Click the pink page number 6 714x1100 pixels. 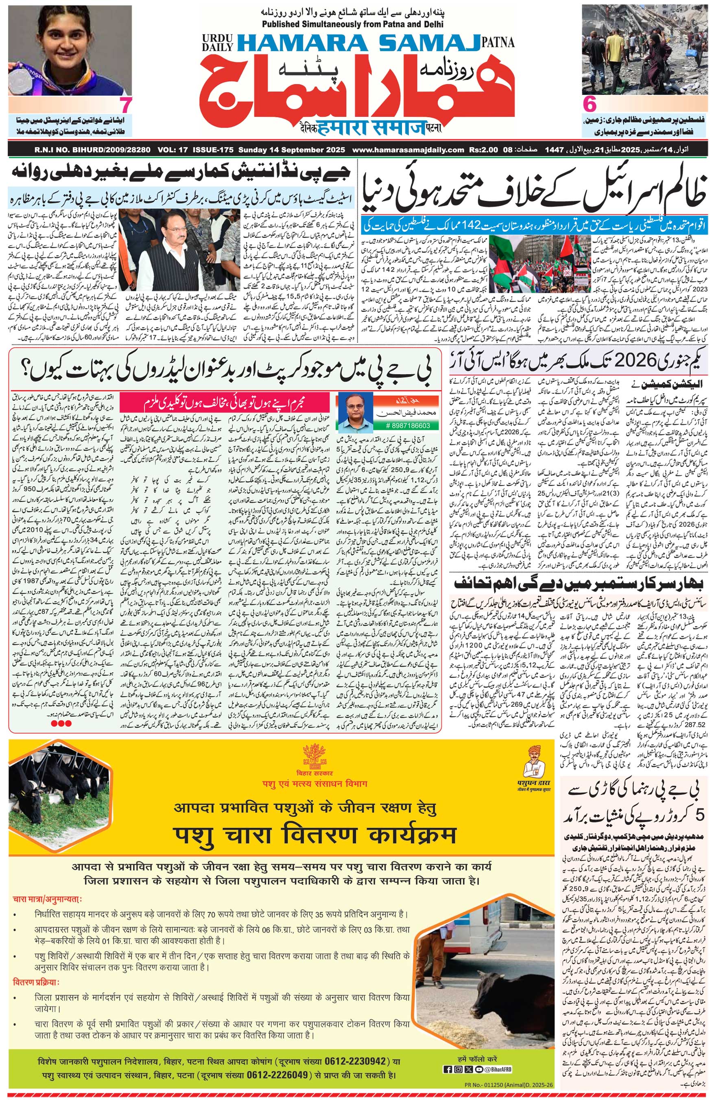[x=590, y=105]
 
